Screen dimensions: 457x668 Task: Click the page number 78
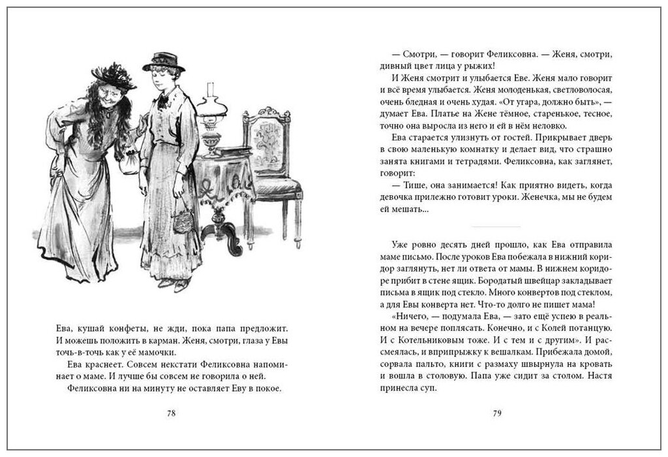[172, 413]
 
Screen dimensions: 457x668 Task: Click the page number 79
[496, 413]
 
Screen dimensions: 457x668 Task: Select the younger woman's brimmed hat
[163, 62]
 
